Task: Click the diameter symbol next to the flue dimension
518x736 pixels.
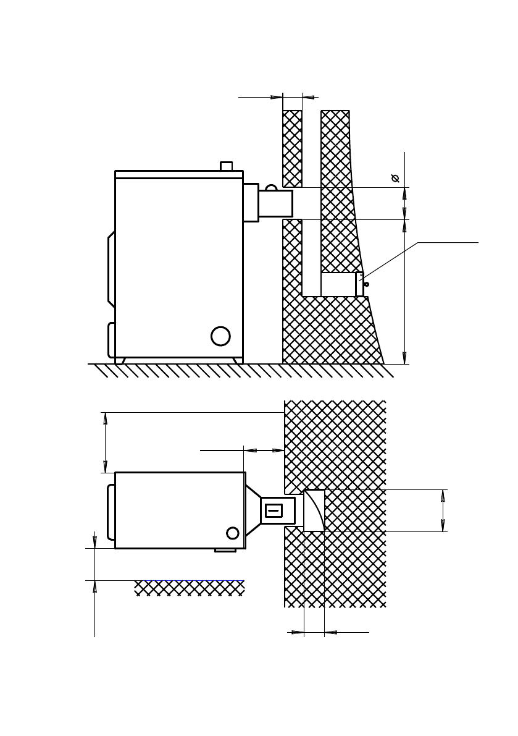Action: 395,179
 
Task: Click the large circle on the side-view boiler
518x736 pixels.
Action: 220,336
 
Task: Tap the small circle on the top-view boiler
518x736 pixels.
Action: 233,533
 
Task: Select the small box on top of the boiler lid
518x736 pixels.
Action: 227,166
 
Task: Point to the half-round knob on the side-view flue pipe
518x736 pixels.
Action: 271,187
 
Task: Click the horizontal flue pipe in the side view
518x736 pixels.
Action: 275,203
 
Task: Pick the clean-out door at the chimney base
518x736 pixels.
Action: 359,285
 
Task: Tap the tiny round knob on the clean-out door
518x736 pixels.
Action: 367,284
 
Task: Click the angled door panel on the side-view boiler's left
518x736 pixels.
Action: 111,269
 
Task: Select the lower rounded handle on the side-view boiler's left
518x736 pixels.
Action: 111,340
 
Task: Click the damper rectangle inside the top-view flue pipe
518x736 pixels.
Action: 274,510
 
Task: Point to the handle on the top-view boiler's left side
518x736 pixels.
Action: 111,512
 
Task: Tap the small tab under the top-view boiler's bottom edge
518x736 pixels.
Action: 225,550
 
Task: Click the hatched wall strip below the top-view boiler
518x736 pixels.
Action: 189,588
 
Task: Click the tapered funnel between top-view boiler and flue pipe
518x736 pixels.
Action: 253,510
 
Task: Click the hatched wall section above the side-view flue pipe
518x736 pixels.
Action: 292,148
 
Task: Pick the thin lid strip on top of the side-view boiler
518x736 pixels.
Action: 178,175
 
